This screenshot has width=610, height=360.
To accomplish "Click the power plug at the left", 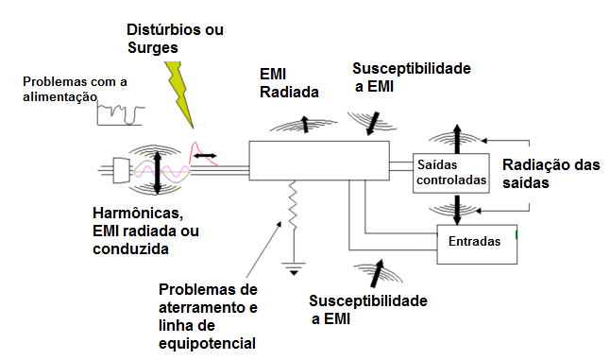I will pyautogui.click(x=120, y=170).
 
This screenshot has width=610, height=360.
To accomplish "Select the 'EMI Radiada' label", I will pyautogui.click(x=289, y=83).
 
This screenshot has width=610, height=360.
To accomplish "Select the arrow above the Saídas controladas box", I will pyautogui.click(x=457, y=138).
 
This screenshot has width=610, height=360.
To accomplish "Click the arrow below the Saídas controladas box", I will pyautogui.click(x=457, y=207).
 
